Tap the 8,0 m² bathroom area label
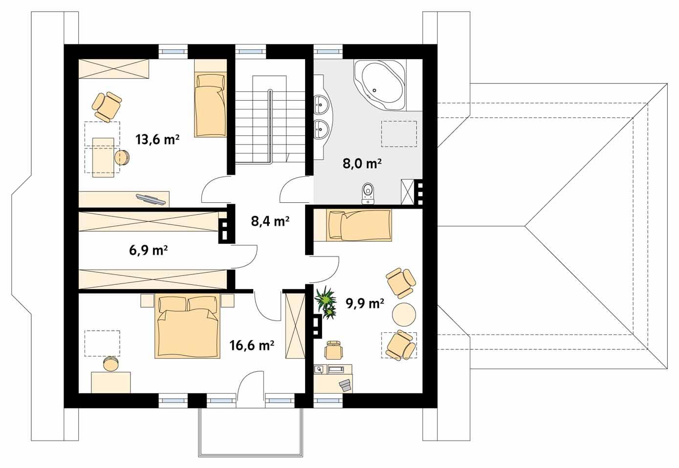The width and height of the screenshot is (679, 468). [362, 164]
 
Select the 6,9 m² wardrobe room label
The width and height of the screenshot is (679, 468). [149, 251]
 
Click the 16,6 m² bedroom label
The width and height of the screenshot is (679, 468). [251, 346]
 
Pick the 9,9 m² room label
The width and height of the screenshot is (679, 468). [365, 303]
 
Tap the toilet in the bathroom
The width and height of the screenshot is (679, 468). [368, 192]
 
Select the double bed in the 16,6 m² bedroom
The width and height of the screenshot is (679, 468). [187, 326]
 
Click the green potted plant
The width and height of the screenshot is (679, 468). [326, 302]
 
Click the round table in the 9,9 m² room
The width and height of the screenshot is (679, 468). [405, 314]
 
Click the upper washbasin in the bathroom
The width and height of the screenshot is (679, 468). [321, 103]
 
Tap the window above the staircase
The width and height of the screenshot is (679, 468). [251, 50]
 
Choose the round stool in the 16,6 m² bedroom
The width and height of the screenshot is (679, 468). [111, 364]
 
